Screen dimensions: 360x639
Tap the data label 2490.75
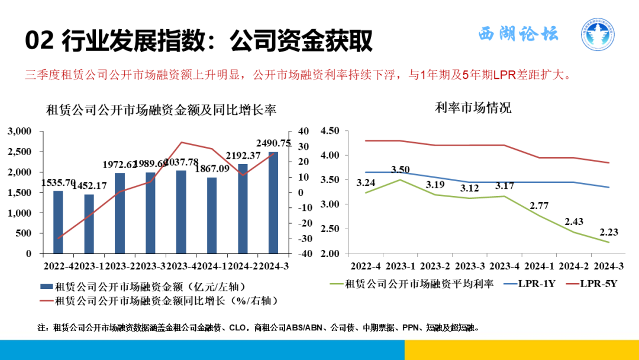tap(273, 143)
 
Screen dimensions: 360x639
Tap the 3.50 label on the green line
tap(401, 170)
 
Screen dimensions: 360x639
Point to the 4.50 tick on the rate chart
tap(330, 131)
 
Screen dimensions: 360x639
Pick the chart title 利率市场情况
tap(473, 108)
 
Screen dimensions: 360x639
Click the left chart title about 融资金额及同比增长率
tap(162, 110)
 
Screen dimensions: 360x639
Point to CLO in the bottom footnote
tap(238, 327)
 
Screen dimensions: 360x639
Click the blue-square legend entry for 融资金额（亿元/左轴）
tap(142, 287)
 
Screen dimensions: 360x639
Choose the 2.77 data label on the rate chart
tap(539, 205)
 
